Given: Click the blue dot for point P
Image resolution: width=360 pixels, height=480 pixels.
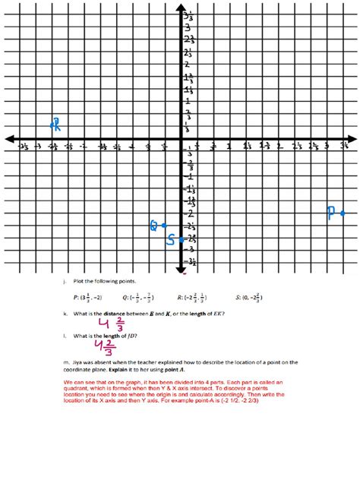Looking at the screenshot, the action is [343, 213].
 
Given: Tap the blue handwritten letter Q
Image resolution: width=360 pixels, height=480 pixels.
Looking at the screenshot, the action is [153, 226].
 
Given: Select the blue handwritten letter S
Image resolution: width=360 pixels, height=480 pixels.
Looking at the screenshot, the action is [171, 240].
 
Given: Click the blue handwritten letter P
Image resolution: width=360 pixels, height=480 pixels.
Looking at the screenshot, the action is [331, 213].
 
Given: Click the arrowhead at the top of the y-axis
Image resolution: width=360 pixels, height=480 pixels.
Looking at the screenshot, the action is [183, 9].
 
